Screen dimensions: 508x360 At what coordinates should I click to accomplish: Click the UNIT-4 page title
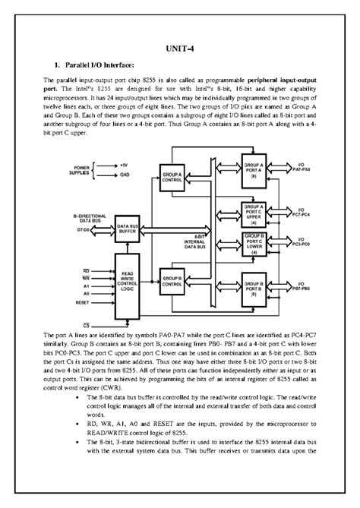point(179,49)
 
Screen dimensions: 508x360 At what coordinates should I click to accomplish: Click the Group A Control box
point(172,178)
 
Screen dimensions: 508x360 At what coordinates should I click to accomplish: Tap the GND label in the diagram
point(125,174)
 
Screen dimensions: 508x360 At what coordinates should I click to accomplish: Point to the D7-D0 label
point(81,229)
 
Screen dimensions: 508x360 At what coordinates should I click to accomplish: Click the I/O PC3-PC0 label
point(302,244)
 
